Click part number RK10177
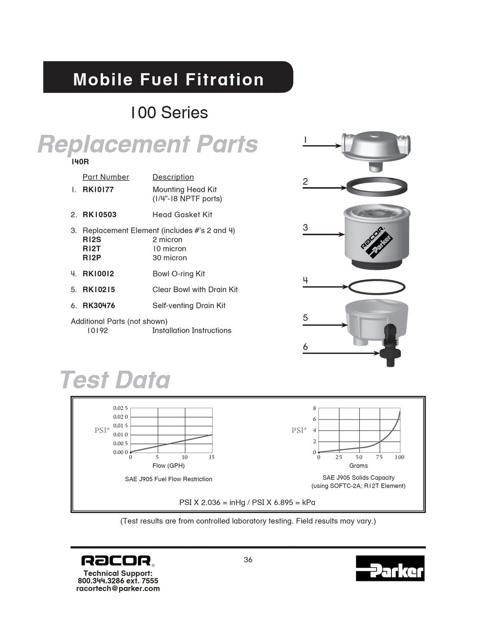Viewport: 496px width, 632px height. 98,189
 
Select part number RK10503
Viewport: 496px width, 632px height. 100,215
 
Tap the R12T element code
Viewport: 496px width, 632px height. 91,249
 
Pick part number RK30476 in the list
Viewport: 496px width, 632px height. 99,305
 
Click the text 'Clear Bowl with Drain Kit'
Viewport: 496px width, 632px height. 195,290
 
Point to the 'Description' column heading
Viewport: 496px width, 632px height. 173,177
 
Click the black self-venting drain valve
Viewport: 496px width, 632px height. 390,346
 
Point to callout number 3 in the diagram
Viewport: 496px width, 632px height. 305,227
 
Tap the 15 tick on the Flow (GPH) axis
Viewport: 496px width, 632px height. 212,457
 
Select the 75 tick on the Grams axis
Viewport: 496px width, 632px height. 379,457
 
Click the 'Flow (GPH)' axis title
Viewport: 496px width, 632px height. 169,466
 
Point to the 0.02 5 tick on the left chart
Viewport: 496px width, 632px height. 120,408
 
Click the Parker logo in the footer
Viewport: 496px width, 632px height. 390,568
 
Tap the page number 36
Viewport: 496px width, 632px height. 248,560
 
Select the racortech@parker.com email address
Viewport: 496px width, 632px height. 118,589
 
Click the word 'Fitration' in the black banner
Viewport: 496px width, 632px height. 224,80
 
